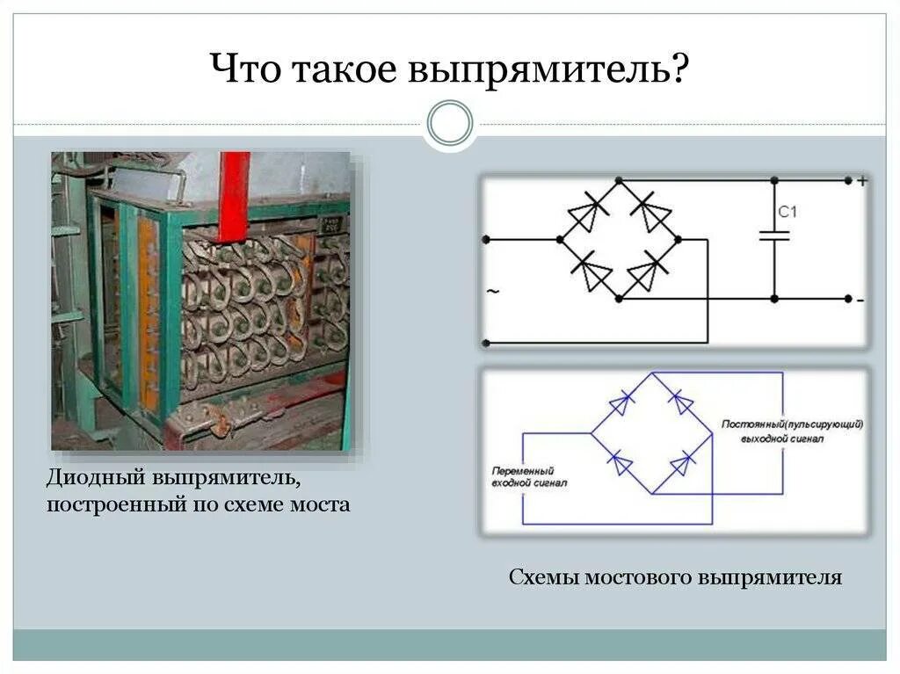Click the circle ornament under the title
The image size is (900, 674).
(x=450, y=123)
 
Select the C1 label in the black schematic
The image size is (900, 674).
(x=787, y=211)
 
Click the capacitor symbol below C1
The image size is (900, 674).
(x=775, y=236)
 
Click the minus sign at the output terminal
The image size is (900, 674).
(x=860, y=300)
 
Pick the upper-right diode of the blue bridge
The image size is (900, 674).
(x=681, y=402)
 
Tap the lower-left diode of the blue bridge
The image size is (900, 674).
(x=621, y=462)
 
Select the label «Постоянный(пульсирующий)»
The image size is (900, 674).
(x=793, y=424)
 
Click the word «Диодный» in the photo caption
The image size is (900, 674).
(x=98, y=482)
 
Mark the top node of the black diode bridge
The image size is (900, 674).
(x=620, y=179)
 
